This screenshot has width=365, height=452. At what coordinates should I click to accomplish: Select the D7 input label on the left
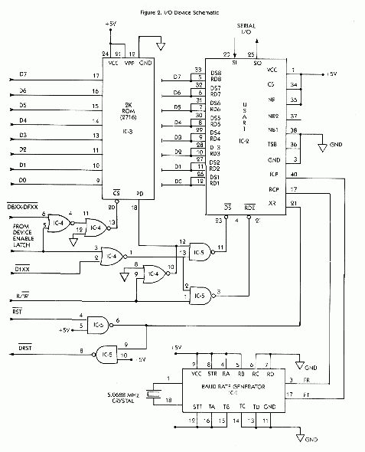pyautogui.click(x=23, y=76)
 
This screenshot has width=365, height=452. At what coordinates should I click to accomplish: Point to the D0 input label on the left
pyautogui.click(x=23, y=180)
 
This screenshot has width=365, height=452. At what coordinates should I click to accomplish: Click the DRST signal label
pyautogui.click(x=21, y=347)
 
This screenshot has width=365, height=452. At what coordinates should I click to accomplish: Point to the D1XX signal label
pyautogui.click(x=21, y=270)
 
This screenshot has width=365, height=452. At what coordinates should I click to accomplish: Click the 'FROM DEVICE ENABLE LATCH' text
pyautogui.click(x=22, y=234)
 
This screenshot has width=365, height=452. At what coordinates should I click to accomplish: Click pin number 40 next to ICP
pyautogui.click(x=295, y=174)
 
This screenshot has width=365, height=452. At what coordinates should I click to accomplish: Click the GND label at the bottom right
pyautogui.click(x=311, y=440)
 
